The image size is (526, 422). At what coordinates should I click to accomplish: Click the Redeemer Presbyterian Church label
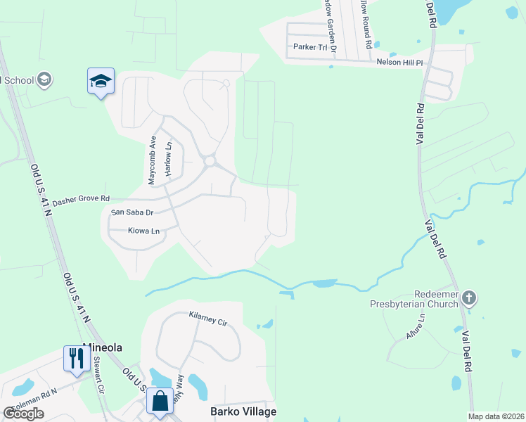point(413,299)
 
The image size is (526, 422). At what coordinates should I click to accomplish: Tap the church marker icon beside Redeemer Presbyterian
point(470,299)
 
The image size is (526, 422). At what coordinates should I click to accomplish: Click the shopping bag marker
point(160,401)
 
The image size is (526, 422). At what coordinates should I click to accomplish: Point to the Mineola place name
point(103,347)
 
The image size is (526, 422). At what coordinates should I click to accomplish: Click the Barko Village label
point(243,411)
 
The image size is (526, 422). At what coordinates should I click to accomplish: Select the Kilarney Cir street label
point(208,318)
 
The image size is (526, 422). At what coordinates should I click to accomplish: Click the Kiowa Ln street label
point(144,230)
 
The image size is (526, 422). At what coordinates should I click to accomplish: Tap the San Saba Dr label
point(132,212)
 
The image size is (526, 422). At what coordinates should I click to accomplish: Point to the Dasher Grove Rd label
point(81,199)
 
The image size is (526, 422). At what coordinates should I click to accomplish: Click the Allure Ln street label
point(416,328)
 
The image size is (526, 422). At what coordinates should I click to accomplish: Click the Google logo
point(24,414)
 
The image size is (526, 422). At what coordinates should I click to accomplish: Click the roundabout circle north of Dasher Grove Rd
point(210,162)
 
